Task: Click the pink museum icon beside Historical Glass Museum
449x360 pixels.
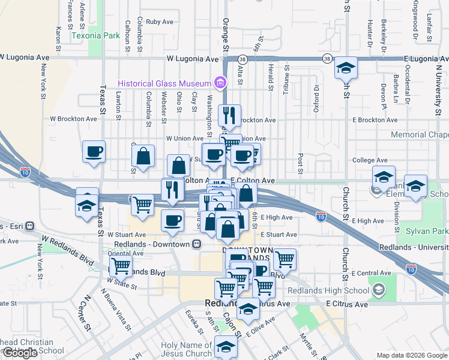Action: (x=220, y=83)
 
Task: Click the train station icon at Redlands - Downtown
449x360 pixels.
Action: (x=196, y=244)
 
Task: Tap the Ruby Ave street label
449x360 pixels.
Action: (x=159, y=22)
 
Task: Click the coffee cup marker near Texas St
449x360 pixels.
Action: (x=94, y=152)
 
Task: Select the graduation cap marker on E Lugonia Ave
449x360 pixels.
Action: (x=346, y=68)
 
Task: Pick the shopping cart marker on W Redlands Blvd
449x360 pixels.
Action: (x=121, y=265)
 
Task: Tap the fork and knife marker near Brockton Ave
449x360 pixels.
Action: (x=229, y=116)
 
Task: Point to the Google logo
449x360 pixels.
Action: (x=19, y=353)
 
